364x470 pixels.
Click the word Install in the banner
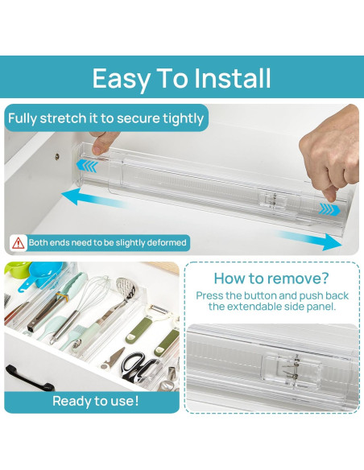233,78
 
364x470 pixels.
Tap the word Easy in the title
122,79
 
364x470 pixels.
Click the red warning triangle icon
19,243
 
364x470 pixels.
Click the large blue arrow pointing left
93,199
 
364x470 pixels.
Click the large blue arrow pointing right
308,240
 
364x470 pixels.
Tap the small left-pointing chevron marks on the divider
87,166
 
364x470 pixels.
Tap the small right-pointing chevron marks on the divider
329,209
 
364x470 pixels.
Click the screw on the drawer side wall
57,156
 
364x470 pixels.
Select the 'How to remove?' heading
271,278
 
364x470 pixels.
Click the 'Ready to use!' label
96,401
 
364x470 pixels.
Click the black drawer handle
27,377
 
